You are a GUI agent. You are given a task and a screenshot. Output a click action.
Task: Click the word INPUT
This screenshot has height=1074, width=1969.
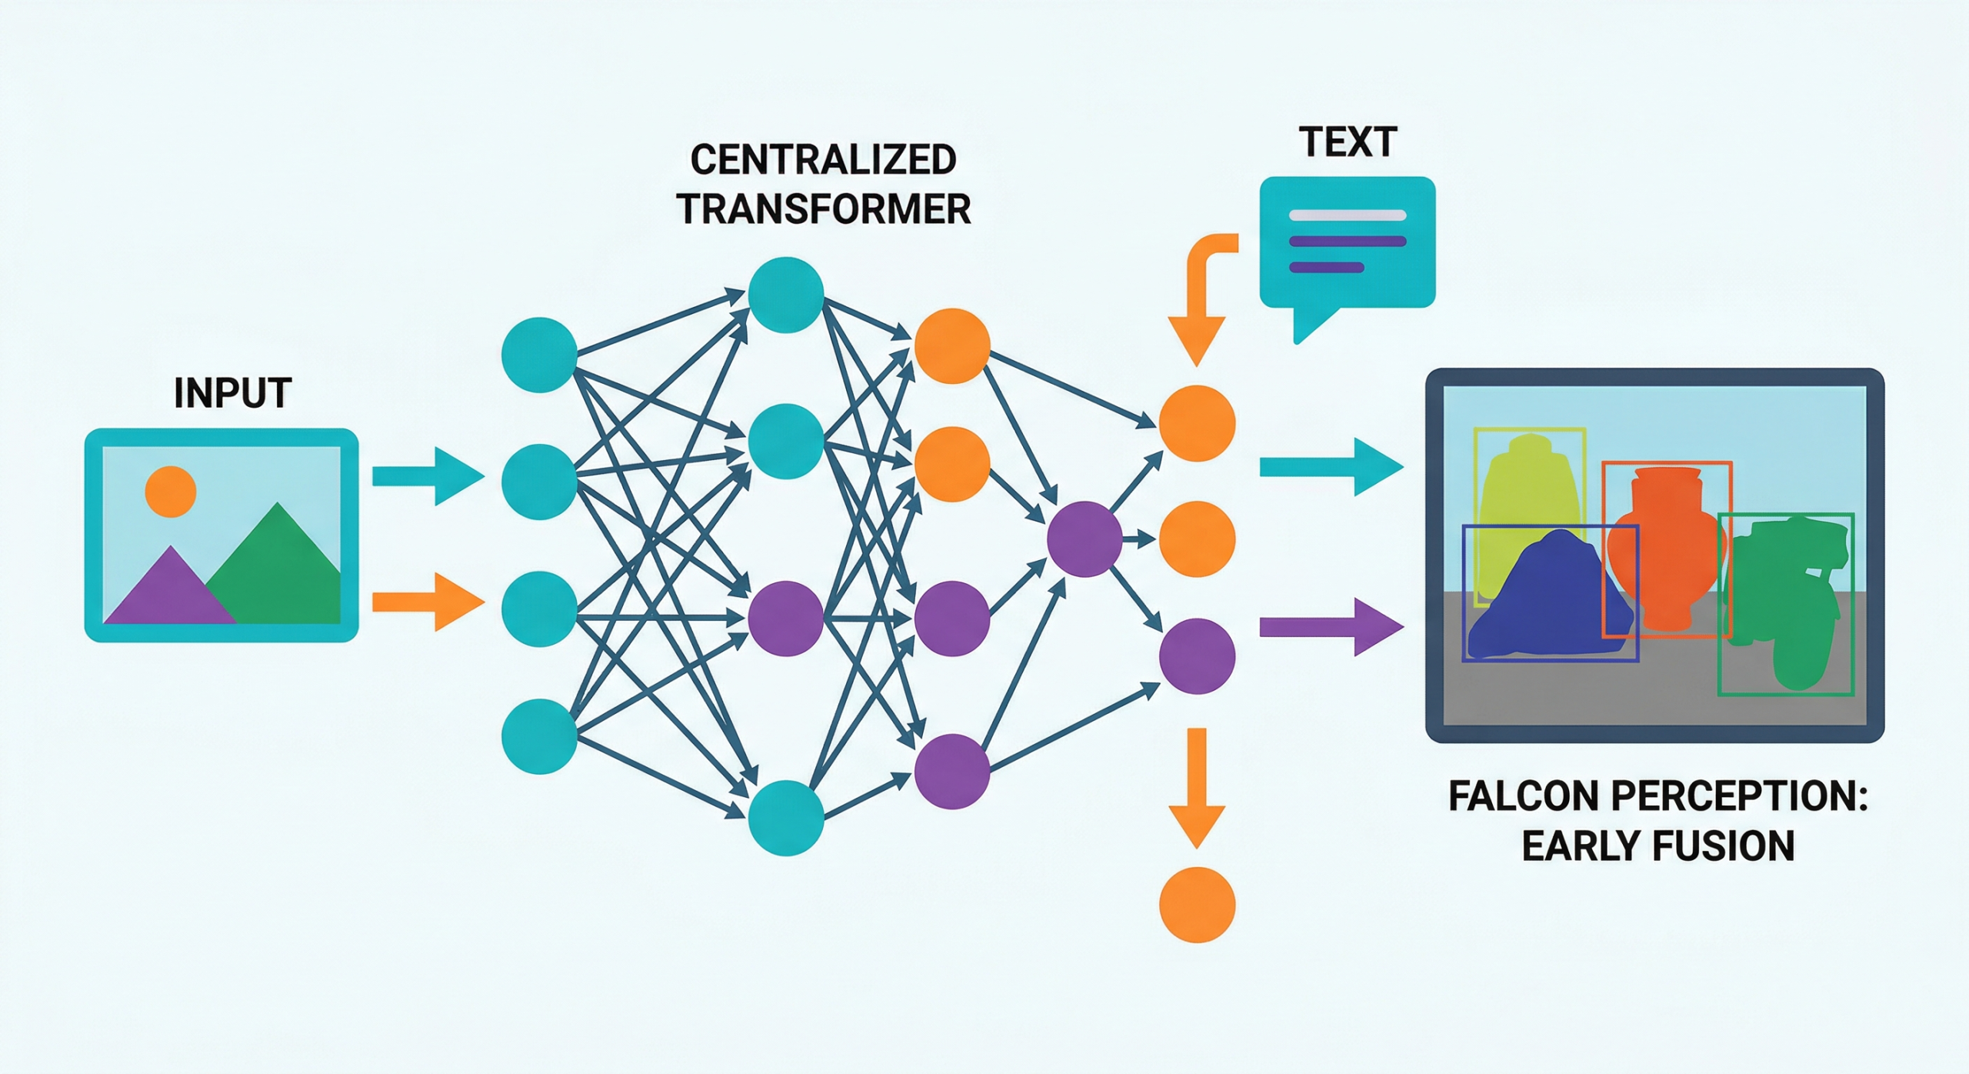pos(232,393)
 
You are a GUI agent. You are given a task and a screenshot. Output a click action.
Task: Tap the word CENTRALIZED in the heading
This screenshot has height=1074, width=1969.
pos(823,160)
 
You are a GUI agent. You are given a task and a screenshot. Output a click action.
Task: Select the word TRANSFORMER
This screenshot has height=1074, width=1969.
pos(824,209)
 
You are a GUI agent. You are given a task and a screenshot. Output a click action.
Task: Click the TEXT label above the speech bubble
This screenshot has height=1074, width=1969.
pos(1348,142)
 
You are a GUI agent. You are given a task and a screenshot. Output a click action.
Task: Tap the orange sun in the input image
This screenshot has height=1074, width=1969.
pos(170,492)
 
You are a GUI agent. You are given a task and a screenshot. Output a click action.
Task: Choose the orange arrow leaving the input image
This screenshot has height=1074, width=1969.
pos(427,602)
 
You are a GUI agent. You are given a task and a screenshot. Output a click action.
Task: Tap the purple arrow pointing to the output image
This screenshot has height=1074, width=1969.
pos(1331,628)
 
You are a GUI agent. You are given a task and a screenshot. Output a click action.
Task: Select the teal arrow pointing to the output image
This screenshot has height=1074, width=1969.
pos(1331,466)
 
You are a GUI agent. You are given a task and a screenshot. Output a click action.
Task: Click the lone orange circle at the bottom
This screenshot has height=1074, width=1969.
pos(1197,905)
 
